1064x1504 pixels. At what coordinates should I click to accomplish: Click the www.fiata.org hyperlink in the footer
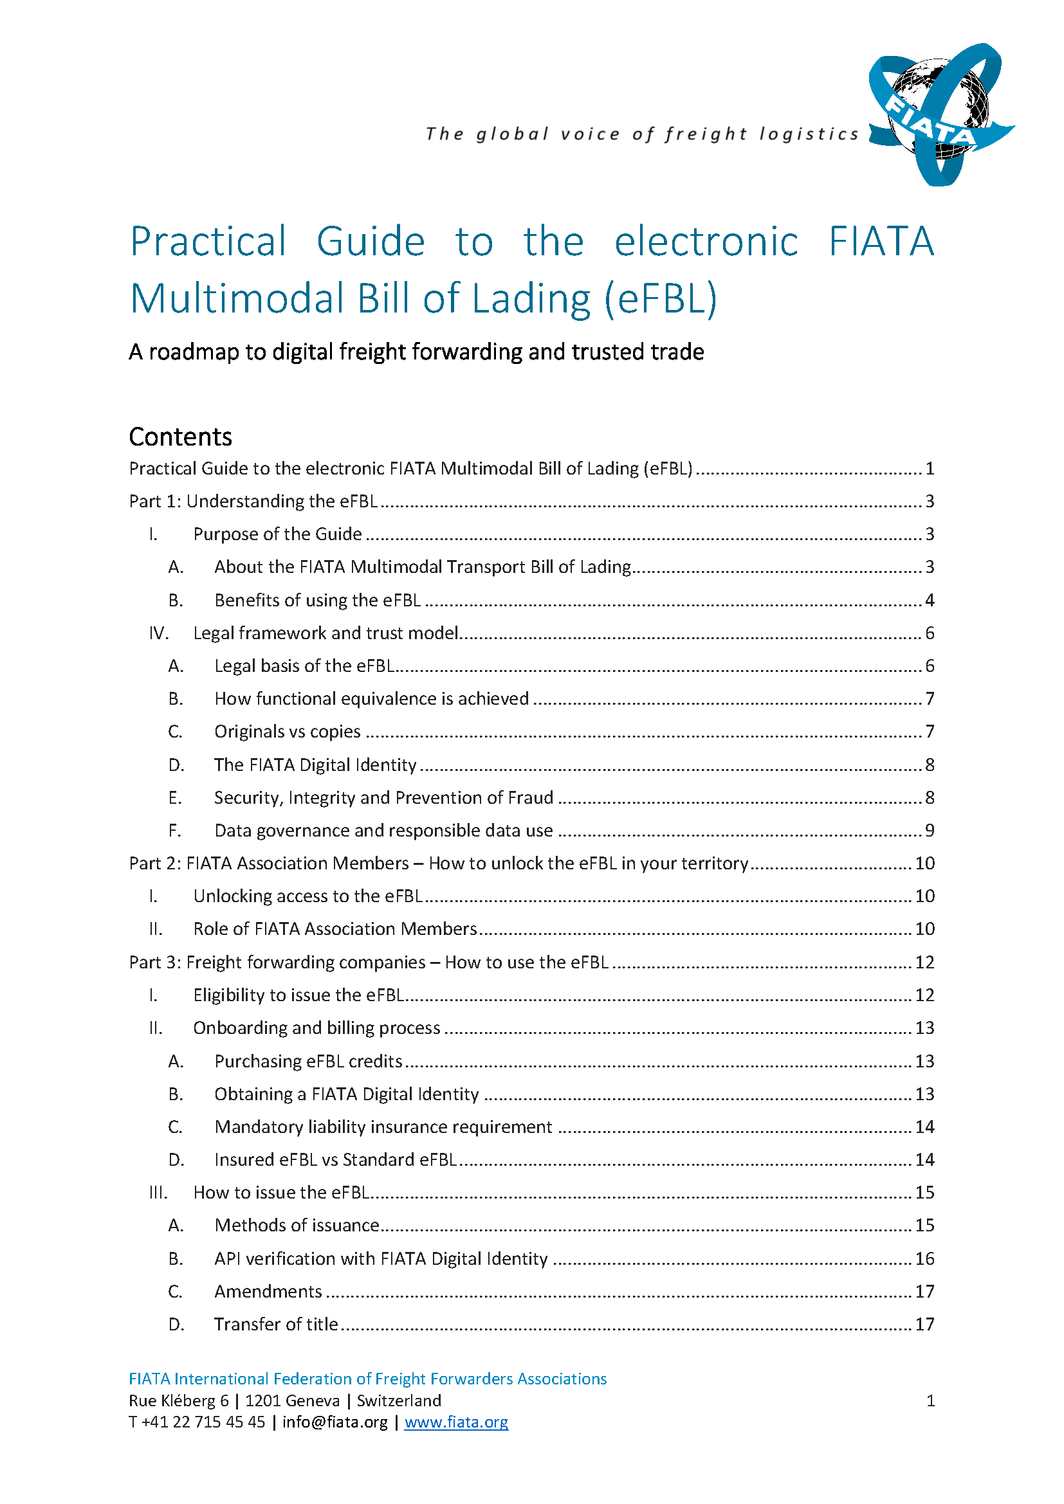pyautogui.click(x=456, y=1422)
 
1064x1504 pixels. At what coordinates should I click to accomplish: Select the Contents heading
pyautogui.click(x=180, y=437)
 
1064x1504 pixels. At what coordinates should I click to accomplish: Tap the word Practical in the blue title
pyautogui.click(x=208, y=241)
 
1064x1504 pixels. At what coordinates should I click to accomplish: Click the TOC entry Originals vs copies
pyautogui.click(x=287, y=732)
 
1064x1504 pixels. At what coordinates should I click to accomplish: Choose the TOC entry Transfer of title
pyautogui.click(x=276, y=1325)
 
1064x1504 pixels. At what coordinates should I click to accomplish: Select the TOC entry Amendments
pyautogui.click(x=268, y=1292)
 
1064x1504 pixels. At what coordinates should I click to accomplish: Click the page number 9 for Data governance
pyautogui.click(x=929, y=831)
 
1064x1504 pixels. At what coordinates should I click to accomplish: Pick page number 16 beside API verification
pyautogui.click(x=924, y=1259)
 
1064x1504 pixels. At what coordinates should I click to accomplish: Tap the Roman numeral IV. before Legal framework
pyautogui.click(x=158, y=633)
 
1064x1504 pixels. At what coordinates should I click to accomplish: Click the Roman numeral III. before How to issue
pyautogui.click(x=158, y=1193)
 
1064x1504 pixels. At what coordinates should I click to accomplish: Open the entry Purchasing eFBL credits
pyautogui.click(x=308, y=1061)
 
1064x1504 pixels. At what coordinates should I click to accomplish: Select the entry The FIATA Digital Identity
pyautogui.click(x=315, y=765)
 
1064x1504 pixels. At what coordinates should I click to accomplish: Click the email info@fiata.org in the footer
pyautogui.click(x=335, y=1422)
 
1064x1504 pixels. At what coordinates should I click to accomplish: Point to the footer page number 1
pyautogui.click(x=930, y=1400)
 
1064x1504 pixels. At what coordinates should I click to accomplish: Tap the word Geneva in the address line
pyautogui.click(x=313, y=1400)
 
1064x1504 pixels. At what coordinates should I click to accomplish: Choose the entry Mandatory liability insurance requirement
pyautogui.click(x=383, y=1127)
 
